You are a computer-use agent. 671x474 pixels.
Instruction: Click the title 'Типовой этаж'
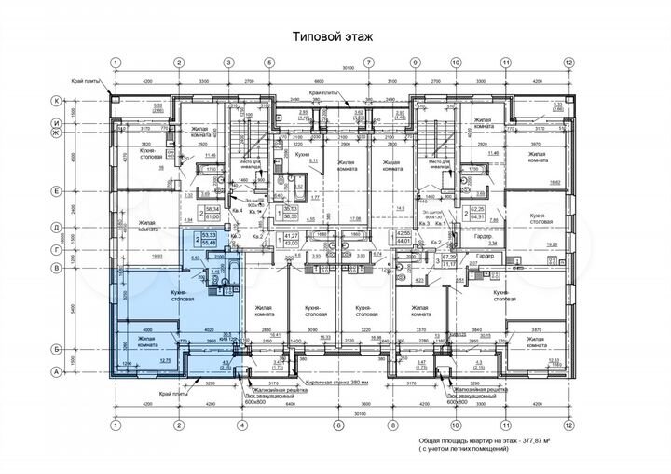[333, 36]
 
